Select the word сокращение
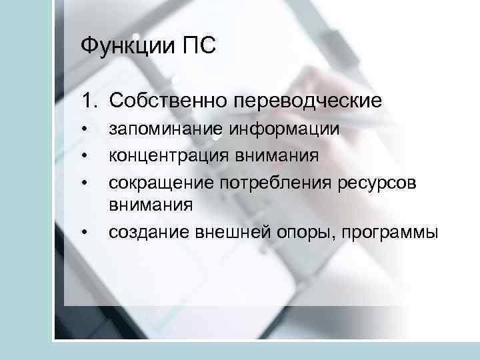coord(160,182)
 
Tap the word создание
coord(150,233)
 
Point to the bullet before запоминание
coord(85,129)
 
